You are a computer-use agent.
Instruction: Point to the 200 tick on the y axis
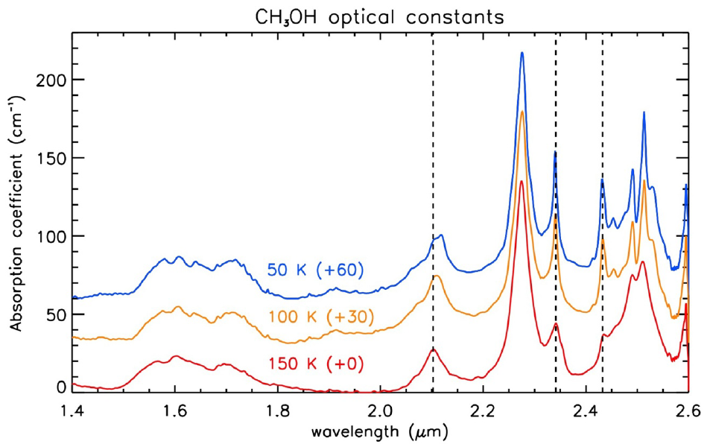[51, 80]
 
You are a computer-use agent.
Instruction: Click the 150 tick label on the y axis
[51, 158]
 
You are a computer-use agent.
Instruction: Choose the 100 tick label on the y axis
[51, 236]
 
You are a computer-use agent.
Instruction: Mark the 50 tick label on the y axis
[55, 314]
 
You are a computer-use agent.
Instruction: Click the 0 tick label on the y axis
[60, 387]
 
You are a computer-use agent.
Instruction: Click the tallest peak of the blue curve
[522, 53]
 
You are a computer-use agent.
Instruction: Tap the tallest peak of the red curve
[522, 181]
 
